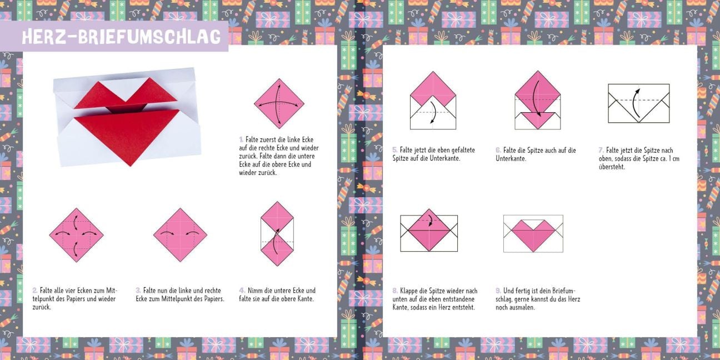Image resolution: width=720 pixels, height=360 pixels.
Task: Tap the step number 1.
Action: pos(241,139)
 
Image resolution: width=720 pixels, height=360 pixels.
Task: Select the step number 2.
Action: pos(34,290)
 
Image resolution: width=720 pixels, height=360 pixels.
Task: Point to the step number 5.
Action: pos(394,150)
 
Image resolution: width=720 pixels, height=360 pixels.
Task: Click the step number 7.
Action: pos(601,150)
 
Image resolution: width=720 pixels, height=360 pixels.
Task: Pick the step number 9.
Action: pos(498,291)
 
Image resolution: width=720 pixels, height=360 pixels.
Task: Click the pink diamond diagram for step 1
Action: pos(279,104)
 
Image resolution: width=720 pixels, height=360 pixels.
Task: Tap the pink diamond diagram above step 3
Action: pos(181,235)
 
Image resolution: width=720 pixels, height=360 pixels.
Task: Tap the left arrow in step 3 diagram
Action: pos(167,233)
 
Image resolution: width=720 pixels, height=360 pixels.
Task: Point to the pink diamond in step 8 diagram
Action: pos(429,230)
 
